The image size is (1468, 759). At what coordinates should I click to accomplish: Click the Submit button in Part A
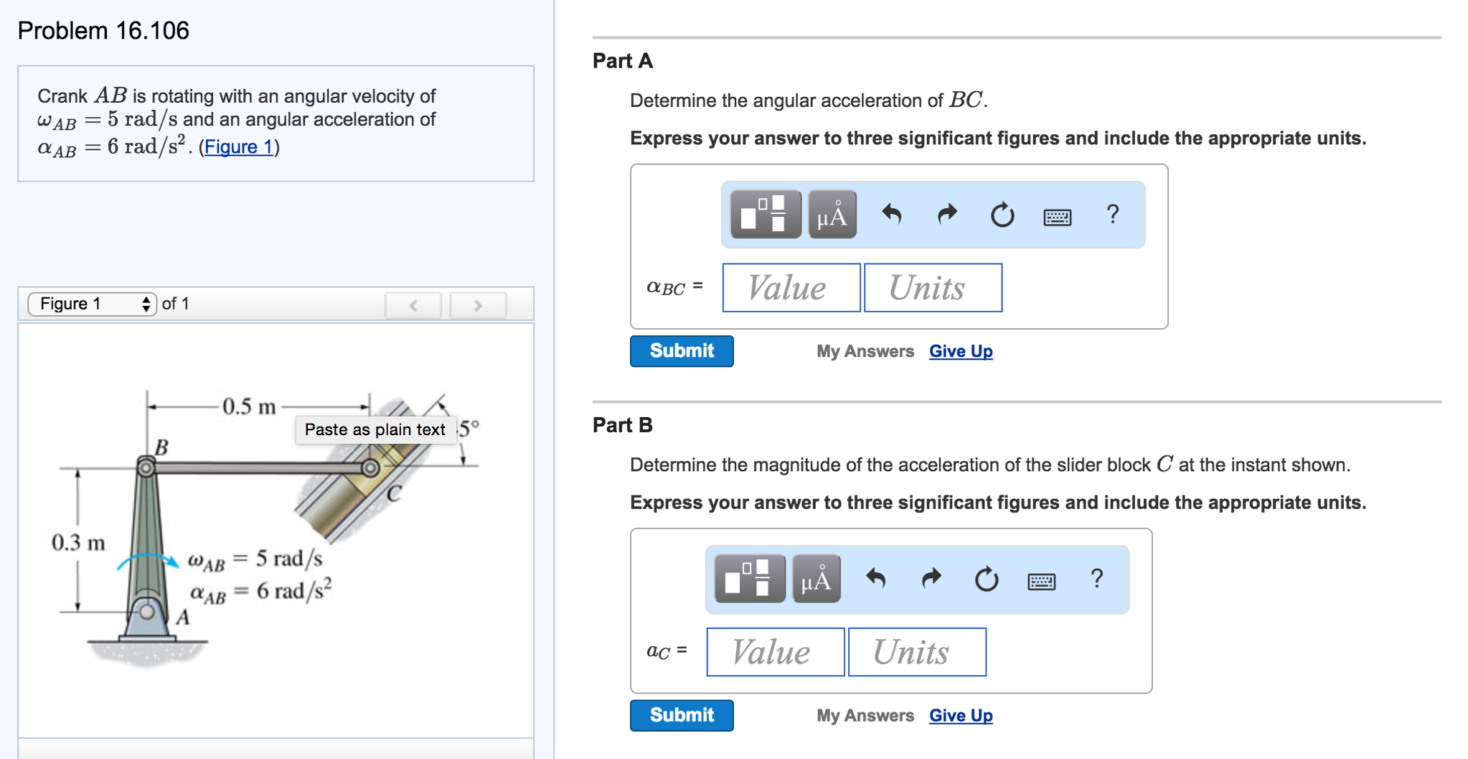pos(681,351)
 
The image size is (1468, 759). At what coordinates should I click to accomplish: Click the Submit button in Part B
pos(681,715)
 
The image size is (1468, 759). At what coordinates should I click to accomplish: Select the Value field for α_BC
pos(791,288)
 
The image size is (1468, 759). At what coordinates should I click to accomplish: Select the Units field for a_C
pos(916,652)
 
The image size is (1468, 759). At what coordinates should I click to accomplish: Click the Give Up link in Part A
pos(960,351)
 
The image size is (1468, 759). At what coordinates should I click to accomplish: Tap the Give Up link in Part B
pos(960,715)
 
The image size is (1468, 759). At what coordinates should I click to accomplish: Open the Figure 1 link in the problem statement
pos(238,146)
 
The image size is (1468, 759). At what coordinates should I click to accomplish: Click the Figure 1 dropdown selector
pos(92,304)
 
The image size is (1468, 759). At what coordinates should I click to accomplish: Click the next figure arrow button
pos(477,305)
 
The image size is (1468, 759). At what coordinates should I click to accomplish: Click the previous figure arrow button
pos(413,305)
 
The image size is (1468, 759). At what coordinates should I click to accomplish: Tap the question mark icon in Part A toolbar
pos(1112,214)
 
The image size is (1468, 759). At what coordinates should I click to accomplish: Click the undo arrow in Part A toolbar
pos(891,214)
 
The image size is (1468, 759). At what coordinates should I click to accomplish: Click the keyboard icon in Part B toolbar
pos(1041,580)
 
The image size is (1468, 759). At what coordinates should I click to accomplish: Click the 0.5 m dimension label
pos(249,406)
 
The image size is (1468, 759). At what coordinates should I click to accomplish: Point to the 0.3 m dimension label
pos(77,542)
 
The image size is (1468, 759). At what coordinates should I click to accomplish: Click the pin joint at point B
pos(146,468)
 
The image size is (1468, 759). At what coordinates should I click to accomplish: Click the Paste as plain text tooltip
pos(375,429)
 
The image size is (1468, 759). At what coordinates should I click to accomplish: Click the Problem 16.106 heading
pos(103,30)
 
